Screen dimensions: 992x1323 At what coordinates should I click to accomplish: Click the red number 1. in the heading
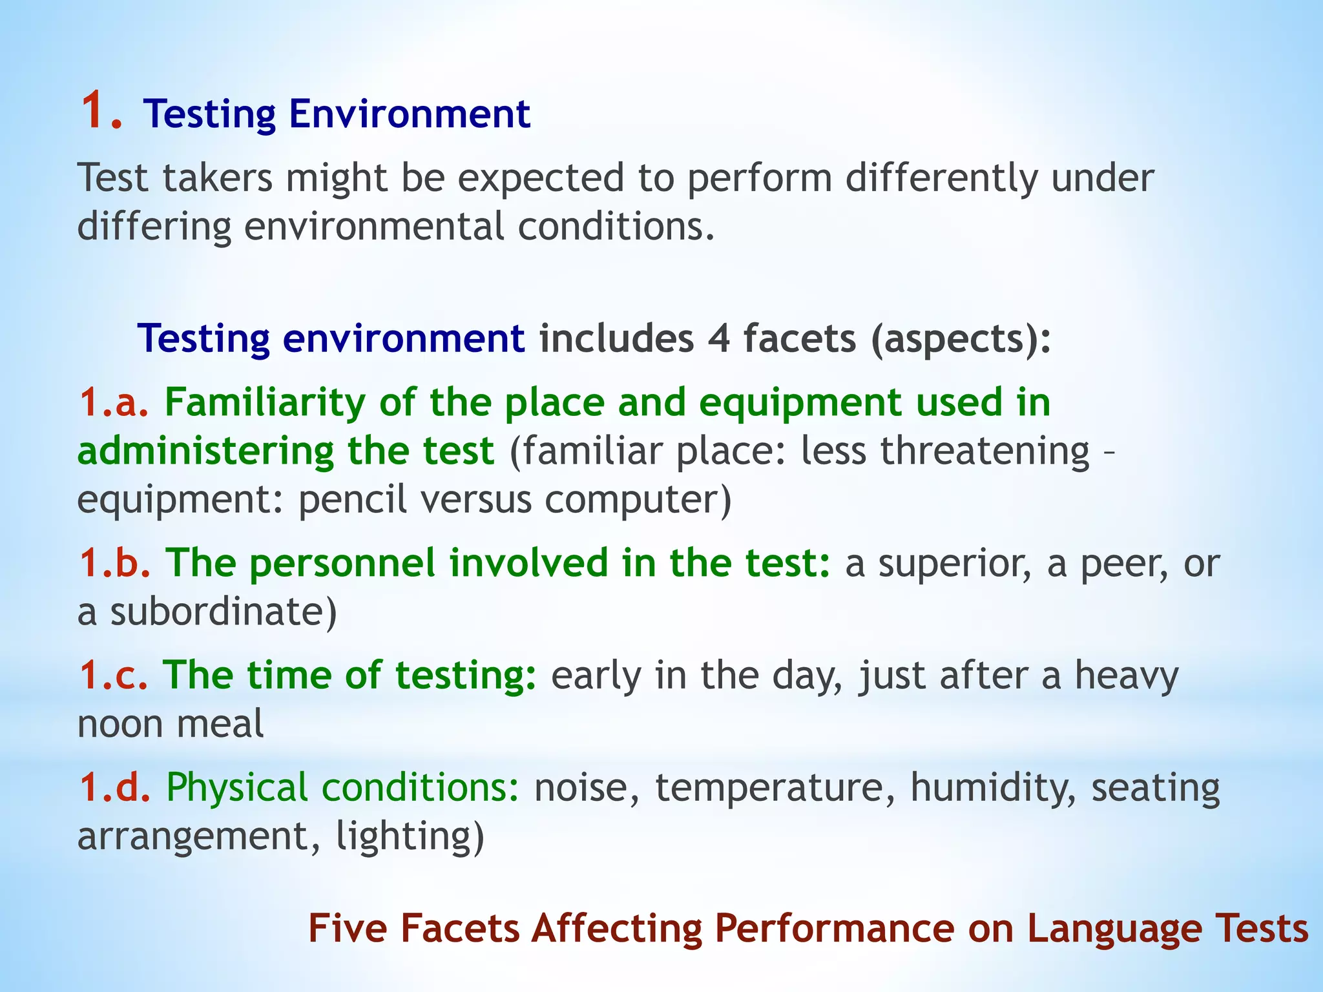coord(101,111)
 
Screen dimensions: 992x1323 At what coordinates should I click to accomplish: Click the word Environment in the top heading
coord(410,114)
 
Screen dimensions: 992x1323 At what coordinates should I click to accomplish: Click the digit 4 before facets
coord(718,338)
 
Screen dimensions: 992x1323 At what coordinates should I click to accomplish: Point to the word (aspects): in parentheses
coord(961,340)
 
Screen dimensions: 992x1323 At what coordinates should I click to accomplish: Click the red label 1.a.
coord(114,402)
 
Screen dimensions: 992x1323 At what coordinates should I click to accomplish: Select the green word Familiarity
coord(265,404)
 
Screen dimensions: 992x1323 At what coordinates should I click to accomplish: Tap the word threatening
coord(985,451)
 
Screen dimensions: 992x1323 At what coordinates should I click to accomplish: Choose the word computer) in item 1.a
coord(638,500)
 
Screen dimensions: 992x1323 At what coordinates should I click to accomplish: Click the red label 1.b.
coord(115,563)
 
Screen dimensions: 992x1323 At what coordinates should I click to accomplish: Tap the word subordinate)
coord(224,612)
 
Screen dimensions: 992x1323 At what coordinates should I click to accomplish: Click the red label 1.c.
coord(114,675)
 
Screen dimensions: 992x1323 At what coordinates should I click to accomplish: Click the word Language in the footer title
coord(1114,929)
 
